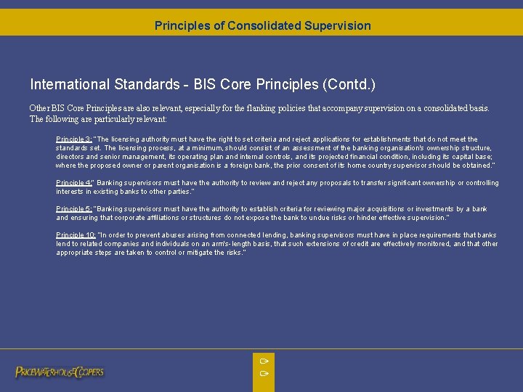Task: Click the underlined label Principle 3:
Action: [74, 139]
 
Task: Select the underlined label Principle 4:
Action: [74, 183]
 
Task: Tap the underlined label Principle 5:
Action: [74, 209]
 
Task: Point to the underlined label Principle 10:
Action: [76, 235]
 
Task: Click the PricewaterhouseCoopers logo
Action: [60, 372]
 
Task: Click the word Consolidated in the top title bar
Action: [261, 25]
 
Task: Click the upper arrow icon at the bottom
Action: [264, 360]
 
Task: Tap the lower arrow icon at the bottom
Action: [264, 373]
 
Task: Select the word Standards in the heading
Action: [145, 85]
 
